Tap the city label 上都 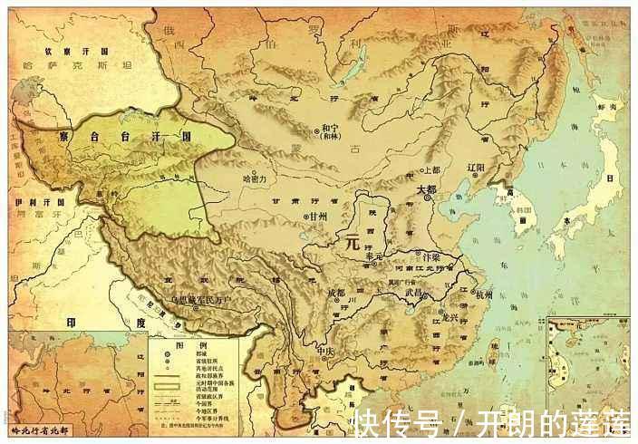431,169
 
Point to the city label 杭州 484,294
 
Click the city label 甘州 317,217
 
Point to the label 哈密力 256,180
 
